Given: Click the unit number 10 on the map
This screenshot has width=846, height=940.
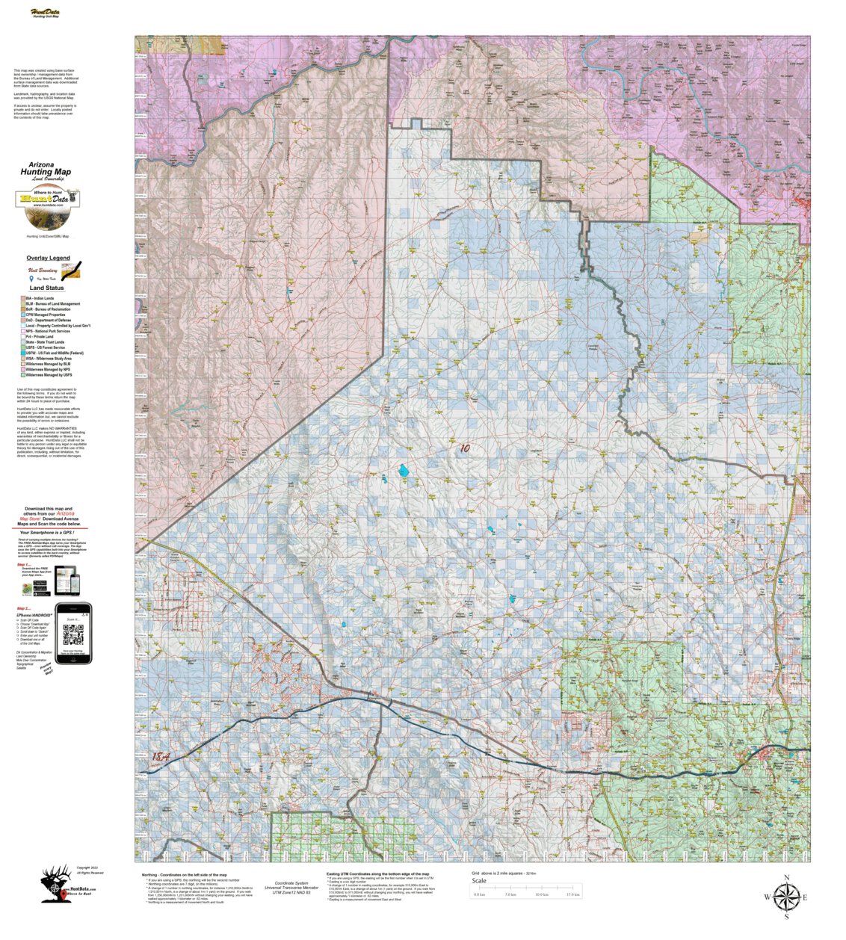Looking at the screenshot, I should (465, 449).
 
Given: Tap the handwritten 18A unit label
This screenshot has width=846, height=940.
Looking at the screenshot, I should (161, 757).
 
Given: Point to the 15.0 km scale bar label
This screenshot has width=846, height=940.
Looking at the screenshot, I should (573, 894).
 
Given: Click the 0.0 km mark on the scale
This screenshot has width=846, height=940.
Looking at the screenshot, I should (480, 894).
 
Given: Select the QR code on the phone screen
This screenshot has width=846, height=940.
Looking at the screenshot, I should (72, 634).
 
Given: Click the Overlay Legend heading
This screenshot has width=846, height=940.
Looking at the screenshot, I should (48, 258).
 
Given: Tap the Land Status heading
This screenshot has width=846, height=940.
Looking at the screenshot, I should (46, 288).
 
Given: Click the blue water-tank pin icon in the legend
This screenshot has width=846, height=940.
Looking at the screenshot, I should (31, 278).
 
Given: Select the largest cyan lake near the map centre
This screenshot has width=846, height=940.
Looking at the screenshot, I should (404, 471).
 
